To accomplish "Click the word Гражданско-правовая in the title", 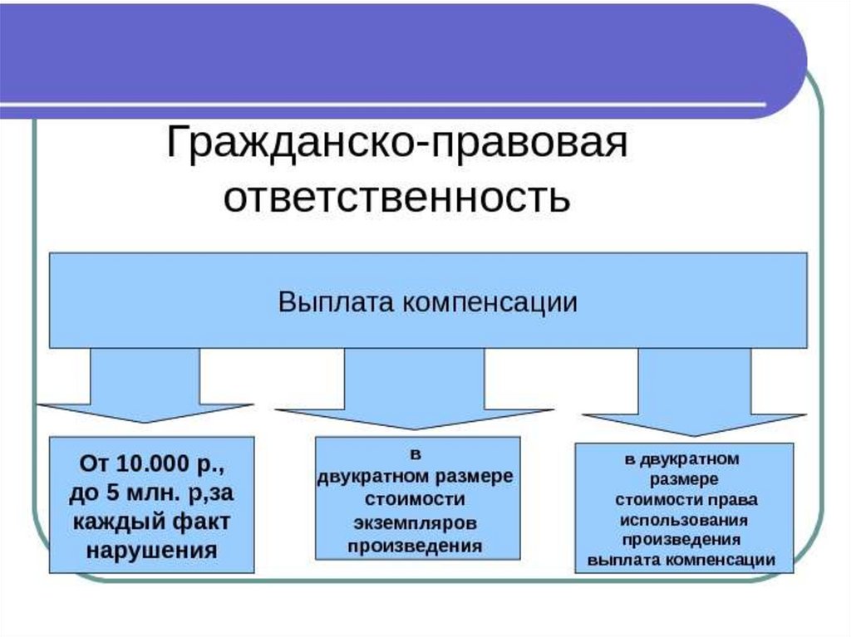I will tap(396, 143).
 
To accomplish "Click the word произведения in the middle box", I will tap(416, 546).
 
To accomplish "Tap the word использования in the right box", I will tap(684, 520).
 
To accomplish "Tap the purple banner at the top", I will tap(399, 50).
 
